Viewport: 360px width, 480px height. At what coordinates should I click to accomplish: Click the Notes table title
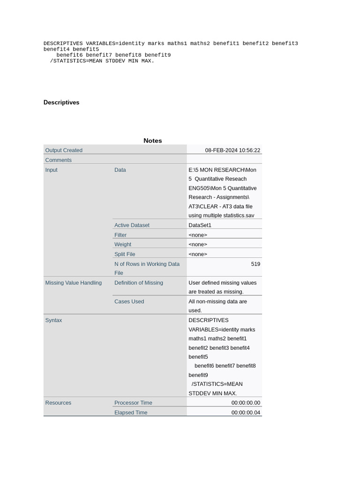(153, 141)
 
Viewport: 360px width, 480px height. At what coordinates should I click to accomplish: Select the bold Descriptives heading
(61, 103)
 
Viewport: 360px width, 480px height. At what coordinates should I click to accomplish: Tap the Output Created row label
(64, 150)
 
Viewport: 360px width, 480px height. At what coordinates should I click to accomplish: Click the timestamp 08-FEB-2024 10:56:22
(232, 150)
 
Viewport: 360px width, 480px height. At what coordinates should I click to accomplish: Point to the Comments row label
(59, 160)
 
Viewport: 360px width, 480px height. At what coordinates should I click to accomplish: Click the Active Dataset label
(132, 225)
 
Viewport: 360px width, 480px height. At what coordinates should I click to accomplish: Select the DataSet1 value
(200, 225)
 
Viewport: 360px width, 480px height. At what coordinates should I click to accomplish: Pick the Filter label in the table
(120, 235)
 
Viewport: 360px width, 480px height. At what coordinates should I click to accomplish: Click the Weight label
(123, 245)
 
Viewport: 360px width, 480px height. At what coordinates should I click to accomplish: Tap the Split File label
(125, 255)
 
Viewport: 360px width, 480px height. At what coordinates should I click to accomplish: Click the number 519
(255, 264)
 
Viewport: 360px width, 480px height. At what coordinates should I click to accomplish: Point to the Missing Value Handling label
(74, 283)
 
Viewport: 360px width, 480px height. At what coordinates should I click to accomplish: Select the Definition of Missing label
(139, 283)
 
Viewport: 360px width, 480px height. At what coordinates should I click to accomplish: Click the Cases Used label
(129, 302)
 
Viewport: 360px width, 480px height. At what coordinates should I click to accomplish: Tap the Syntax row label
(53, 321)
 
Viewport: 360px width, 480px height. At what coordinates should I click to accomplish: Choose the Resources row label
(58, 403)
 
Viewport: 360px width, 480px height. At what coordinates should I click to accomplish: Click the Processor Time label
(133, 403)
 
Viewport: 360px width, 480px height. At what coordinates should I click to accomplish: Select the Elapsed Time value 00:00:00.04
(246, 413)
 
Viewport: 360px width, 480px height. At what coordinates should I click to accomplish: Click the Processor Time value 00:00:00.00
(246, 403)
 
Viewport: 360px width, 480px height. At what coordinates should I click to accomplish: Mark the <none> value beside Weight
(198, 245)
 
